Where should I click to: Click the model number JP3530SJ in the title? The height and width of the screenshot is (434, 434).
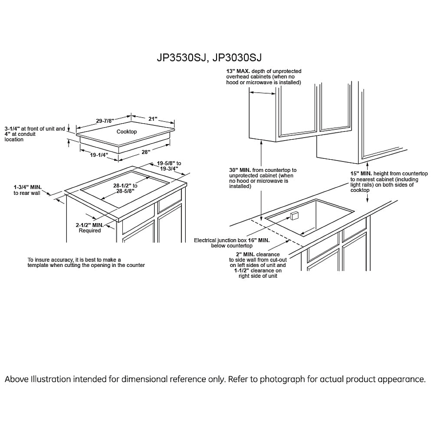point(181,58)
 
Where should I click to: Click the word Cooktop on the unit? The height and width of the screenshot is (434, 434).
point(127,132)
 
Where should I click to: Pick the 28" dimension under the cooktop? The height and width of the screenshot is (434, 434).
point(145,152)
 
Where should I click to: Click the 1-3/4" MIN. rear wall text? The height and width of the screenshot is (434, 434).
point(27,190)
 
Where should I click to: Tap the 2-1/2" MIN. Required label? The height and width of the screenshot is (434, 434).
point(89,228)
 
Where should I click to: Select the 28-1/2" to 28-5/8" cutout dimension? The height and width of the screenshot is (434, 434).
point(122,187)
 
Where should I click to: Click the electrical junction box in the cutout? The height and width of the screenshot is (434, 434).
point(294,216)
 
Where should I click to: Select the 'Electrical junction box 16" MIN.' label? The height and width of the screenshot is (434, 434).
point(232,240)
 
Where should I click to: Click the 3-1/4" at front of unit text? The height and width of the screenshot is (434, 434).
point(35,129)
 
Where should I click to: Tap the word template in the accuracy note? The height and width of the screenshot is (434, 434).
point(39,265)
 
